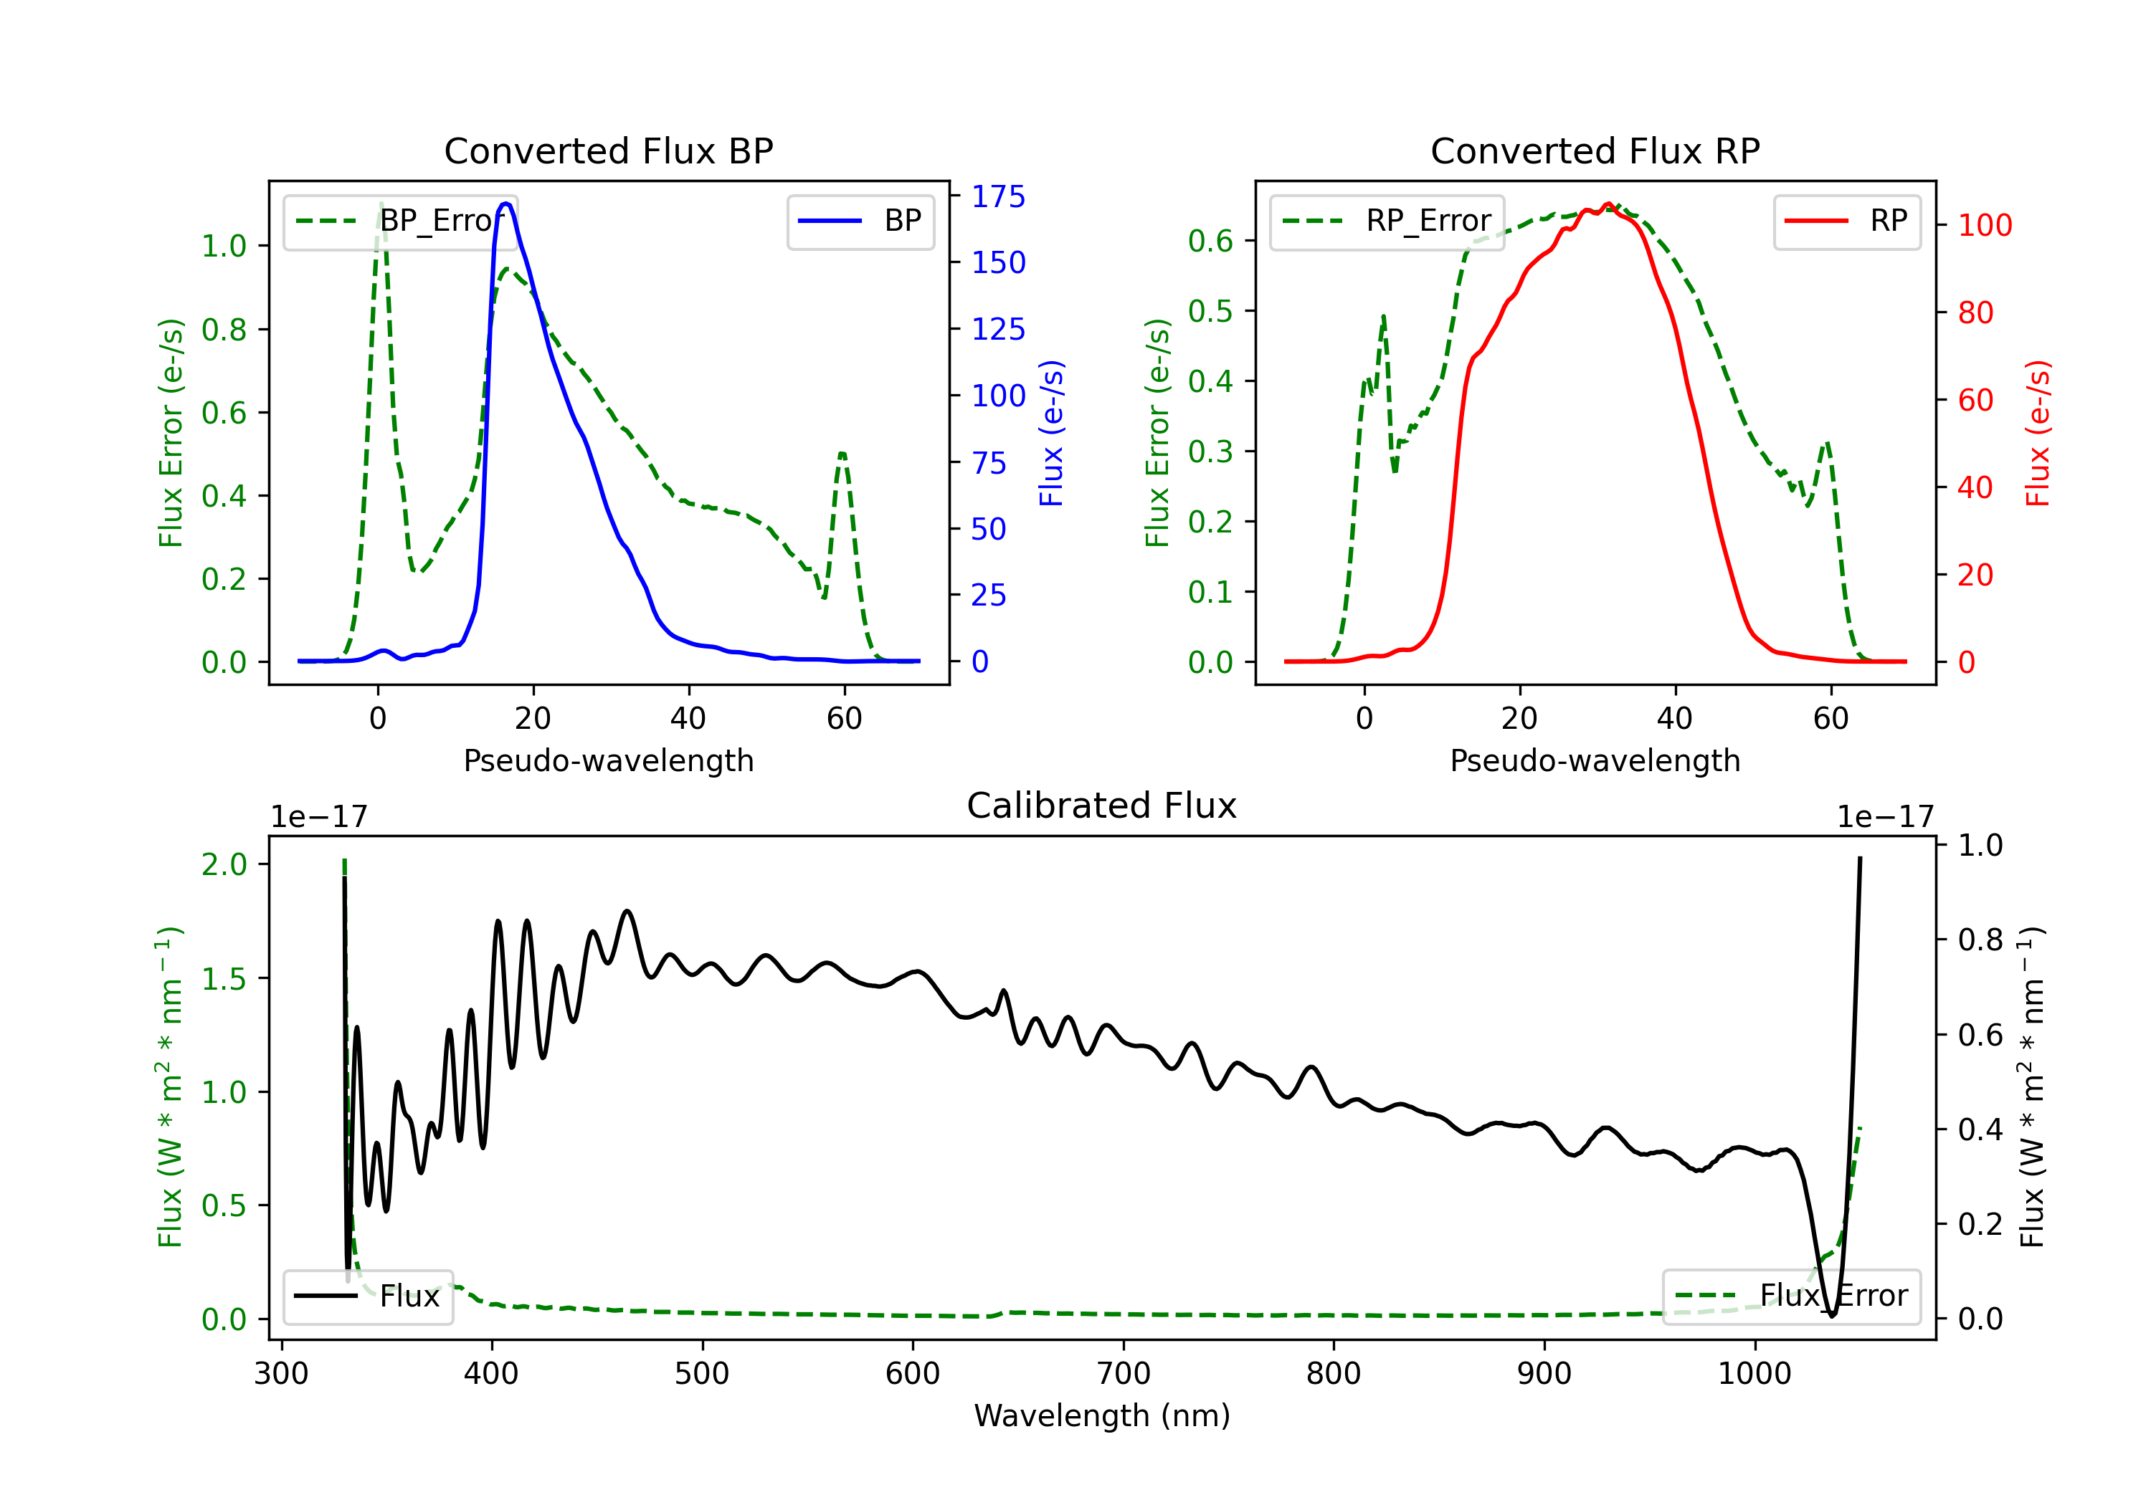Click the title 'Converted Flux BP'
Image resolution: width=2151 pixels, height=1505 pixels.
pyautogui.click(x=609, y=150)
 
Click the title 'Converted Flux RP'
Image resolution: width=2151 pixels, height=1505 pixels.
pyautogui.click(x=1595, y=150)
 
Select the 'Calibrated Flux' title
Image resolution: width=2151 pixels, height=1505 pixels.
pyautogui.click(x=1102, y=806)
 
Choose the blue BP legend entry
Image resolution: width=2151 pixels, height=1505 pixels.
pyautogui.click(x=860, y=221)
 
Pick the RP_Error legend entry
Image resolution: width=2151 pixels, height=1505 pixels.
pyautogui.click(x=1387, y=221)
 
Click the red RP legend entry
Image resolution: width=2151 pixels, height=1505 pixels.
pyautogui.click(x=1846, y=221)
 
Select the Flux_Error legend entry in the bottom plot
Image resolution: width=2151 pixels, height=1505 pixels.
pyautogui.click(x=1791, y=1296)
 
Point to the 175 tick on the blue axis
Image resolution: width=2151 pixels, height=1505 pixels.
pyautogui.click(x=998, y=196)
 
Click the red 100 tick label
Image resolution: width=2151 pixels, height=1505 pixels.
pyautogui.click(x=1984, y=225)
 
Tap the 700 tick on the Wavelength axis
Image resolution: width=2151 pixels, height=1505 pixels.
pyautogui.click(x=1124, y=1374)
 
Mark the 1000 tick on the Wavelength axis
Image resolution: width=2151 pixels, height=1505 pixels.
pyautogui.click(x=1754, y=1374)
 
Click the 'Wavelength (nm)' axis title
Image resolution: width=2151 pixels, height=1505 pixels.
pyautogui.click(x=1102, y=1415)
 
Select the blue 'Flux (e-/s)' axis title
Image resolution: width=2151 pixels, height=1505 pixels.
pyautogui.click(x=1051, y=434)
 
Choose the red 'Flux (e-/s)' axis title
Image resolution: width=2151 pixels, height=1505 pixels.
pyautogui.click(x=2038, y=434)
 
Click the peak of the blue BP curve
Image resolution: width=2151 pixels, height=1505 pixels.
pyautogui.click(x=506, y=204)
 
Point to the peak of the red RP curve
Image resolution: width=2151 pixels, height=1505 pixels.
pyautogui.click(x=1608, y=204)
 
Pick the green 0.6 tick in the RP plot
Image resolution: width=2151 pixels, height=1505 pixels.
pyautogui.click(x=1210, y=241)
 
